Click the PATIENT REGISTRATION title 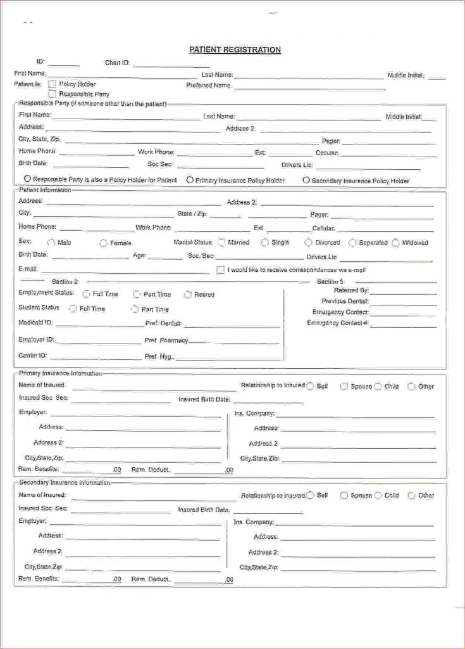235,50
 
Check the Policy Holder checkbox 53,84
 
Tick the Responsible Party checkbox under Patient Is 53,94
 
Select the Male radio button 51,243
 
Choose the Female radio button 103,243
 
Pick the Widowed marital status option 396,243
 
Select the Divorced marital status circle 309,242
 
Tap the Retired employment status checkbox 188,294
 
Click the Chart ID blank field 171,63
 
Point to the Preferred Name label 208,86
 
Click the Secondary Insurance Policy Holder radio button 306,180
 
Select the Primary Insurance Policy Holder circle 190,180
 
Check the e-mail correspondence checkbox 221,270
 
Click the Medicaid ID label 35,323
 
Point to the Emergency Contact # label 338,323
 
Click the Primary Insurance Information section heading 60,373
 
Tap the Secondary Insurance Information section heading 65,482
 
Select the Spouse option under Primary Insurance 344,386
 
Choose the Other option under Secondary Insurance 411,496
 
